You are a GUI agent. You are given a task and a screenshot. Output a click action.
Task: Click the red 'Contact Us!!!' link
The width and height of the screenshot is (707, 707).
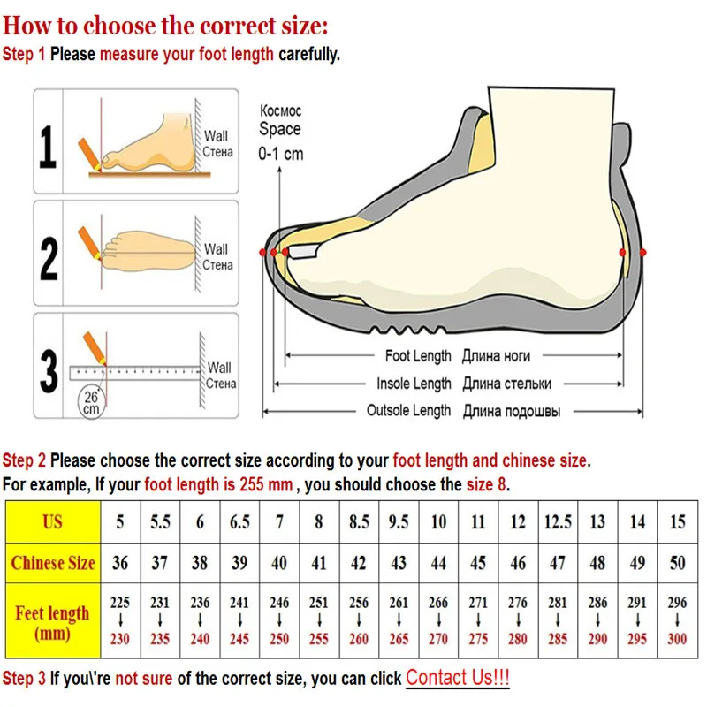pyautogui.click(x=457, y=678)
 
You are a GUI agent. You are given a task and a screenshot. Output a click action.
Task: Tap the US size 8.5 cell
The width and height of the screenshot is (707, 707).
pyautogui.click(x=359, y=521)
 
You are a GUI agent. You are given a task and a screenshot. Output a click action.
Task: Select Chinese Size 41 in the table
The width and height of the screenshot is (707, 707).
pyautogui.click(x=319, y=563)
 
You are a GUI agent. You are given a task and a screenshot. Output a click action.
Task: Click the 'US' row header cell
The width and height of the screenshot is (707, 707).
pyautogui.click(x=52, y=521)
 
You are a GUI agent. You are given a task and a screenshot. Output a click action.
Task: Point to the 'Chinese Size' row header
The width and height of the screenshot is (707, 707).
pyautogui.click(x=52, y=563)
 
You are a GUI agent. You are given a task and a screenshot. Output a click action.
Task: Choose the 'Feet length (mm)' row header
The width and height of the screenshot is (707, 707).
pyautogui.click(x=52, y=622)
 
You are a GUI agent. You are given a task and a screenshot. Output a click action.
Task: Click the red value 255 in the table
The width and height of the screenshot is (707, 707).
pyautogui.click(x=319, y=639)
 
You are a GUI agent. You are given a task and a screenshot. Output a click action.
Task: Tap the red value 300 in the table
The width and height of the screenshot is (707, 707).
pyautogui.click(x=678, y=639)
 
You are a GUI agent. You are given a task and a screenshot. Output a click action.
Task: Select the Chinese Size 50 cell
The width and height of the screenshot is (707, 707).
pyautogui.click(x=678, y=563)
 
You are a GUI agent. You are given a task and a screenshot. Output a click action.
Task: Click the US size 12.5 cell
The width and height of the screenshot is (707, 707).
pyautogui.click(x=558, y=521)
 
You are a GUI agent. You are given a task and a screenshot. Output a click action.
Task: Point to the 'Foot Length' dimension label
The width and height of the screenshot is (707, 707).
pyautogui.click(x=418, y=356)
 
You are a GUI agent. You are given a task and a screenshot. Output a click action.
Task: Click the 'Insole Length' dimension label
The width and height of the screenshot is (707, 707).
pyautogui.click(x=414, y=384)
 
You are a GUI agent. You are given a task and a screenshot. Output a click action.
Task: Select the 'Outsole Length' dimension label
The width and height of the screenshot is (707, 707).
pyautogui.click(x=408, y=411)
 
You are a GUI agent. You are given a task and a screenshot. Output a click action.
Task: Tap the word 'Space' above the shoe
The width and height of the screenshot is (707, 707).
pyautogui.click(x=279, y=129)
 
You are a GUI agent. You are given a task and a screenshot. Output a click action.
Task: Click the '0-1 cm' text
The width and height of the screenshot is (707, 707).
pyautogui.click(x=280, y=153)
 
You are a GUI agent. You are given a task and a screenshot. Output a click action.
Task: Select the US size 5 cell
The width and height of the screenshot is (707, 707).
pyautogui.click(x=120, y=521)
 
